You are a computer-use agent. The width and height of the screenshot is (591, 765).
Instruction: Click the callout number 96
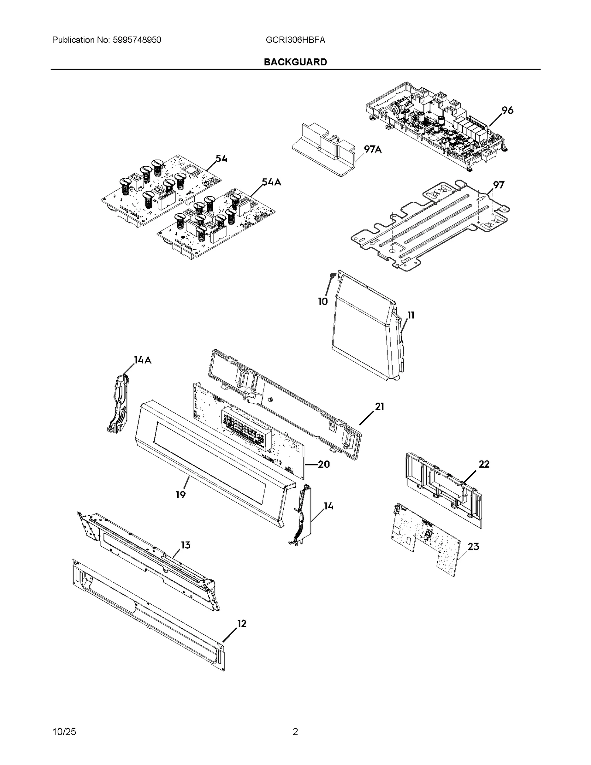(507, 110)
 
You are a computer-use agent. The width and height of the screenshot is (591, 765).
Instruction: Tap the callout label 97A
(373, 149)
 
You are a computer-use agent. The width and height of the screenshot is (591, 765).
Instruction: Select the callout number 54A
(271, 182)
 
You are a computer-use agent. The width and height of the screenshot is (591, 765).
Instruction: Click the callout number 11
(411, 315)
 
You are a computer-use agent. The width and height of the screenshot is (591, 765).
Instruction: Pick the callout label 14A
(143, 360)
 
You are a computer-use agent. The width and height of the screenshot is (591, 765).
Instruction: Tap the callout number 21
(380, 407)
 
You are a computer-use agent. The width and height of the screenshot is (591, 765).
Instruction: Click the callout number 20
(324, 464)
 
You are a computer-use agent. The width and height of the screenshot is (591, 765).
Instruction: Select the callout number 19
(181, 495)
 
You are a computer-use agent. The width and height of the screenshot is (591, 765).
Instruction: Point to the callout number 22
(484, 464)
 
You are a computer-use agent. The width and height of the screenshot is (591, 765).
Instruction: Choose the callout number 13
(185, 545)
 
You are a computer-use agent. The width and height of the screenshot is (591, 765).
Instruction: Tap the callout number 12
(241, 624)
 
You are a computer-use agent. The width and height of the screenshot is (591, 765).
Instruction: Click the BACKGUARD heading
(295, 62)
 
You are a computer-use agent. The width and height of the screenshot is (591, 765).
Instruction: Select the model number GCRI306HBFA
(295, 40)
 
